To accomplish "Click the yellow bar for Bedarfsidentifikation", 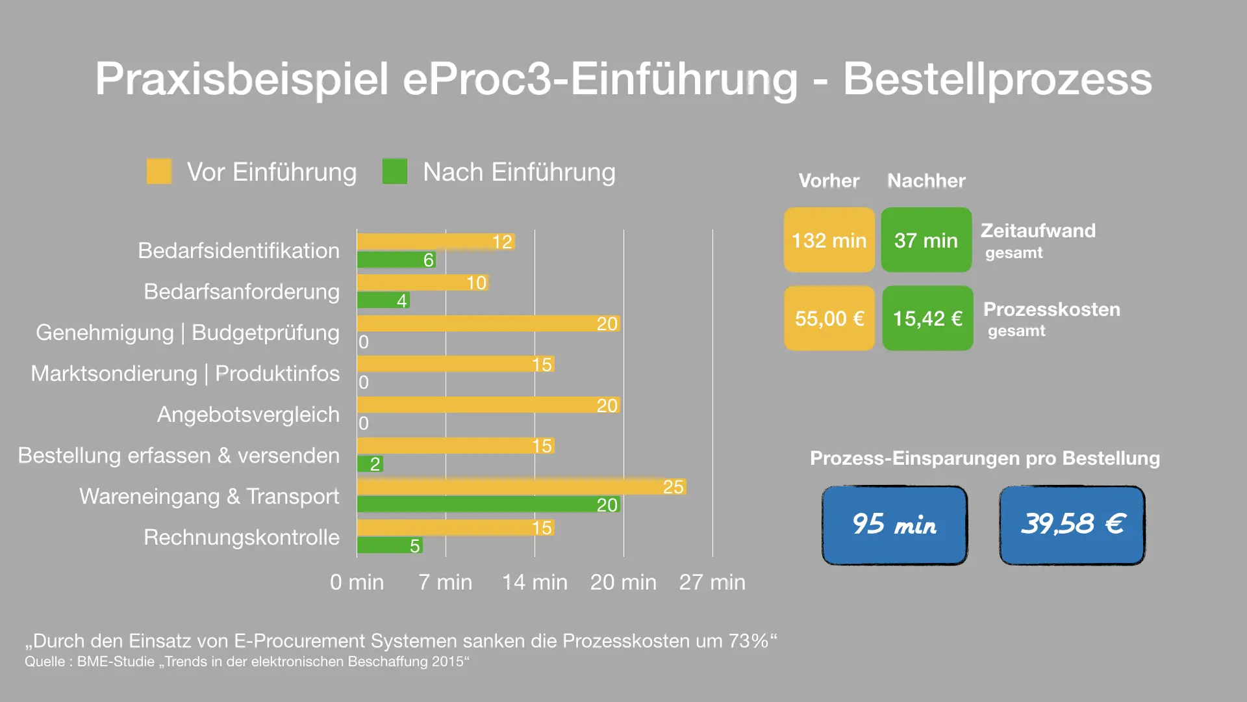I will [435, 242].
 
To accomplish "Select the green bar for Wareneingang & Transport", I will [488, 504].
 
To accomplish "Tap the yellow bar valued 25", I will [521, 487].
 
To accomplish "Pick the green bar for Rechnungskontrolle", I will [390, 545].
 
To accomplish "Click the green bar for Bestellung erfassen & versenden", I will [370, 463].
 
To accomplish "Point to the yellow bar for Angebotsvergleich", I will [488, 405].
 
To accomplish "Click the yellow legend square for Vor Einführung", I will [159, 172].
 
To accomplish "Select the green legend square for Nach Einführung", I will [395, 172].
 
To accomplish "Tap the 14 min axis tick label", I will [535, 582].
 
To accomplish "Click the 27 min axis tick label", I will [712, 582].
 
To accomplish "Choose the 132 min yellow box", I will [829, 240].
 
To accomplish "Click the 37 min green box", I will [926, 240].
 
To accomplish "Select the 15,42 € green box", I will [927, 318].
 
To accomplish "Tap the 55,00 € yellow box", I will [829, 318].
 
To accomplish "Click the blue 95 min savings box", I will [894, 525].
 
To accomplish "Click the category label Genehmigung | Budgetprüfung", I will [188, 333].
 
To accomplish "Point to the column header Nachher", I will [926, 181].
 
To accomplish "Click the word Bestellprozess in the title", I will [998, 79].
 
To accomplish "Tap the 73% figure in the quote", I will [748, 641].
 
